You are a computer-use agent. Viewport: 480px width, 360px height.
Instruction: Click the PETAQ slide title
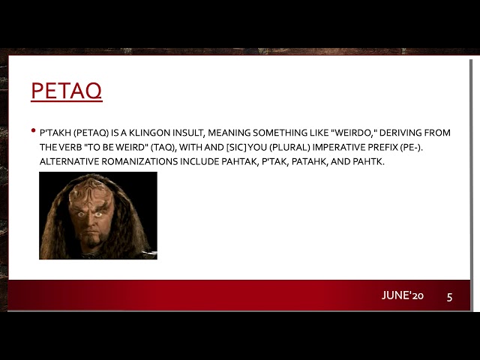coord(66,91)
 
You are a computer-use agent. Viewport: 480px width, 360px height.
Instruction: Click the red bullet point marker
coord(34,131)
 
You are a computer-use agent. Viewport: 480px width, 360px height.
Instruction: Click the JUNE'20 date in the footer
coord(403,295)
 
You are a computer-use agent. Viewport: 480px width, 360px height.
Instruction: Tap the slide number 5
coord(449,296)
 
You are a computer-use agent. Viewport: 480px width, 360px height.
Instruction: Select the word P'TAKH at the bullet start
coord(55,133)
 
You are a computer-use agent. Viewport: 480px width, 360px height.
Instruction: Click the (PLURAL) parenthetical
coord(274,147)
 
